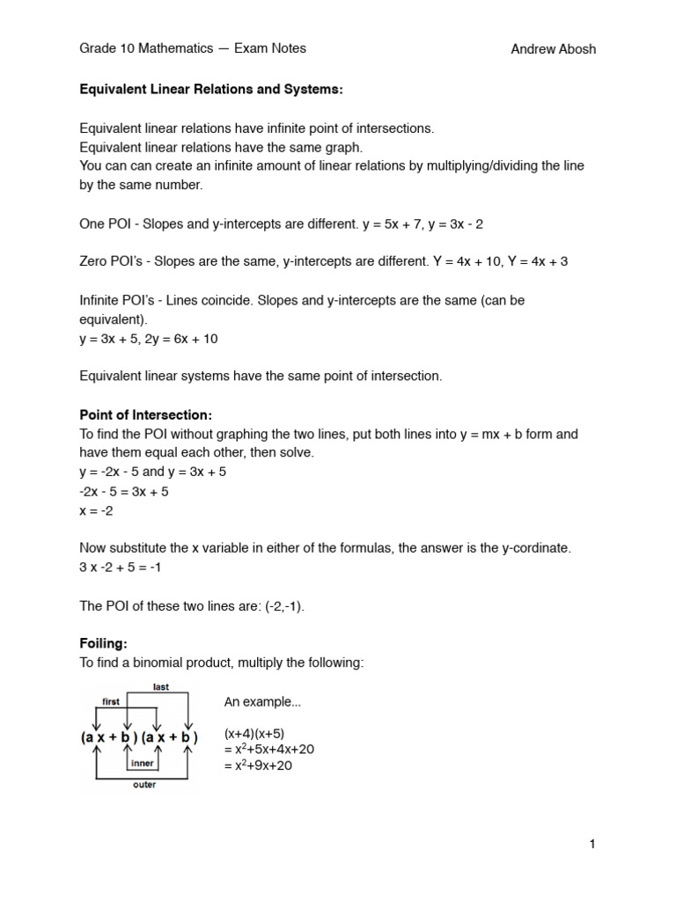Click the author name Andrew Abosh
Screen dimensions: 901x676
click(553, 49)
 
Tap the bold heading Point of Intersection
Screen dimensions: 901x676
click(146, 415)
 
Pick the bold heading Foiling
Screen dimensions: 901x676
click(104, 643)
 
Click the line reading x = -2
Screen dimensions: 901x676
click(97, 510)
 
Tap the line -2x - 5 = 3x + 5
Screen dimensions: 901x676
click(124, 492)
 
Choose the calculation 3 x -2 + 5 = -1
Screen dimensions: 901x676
click(121, 568)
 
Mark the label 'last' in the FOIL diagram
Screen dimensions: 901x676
click(160, 687)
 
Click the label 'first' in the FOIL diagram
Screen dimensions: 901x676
click(111, 702)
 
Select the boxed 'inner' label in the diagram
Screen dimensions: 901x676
click(143, 764)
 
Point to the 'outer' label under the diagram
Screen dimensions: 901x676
click(144, 784)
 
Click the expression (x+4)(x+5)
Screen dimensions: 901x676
click(254, 733)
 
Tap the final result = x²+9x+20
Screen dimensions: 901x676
click(258, 765)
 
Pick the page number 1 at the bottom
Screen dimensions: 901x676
click(592, 845)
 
